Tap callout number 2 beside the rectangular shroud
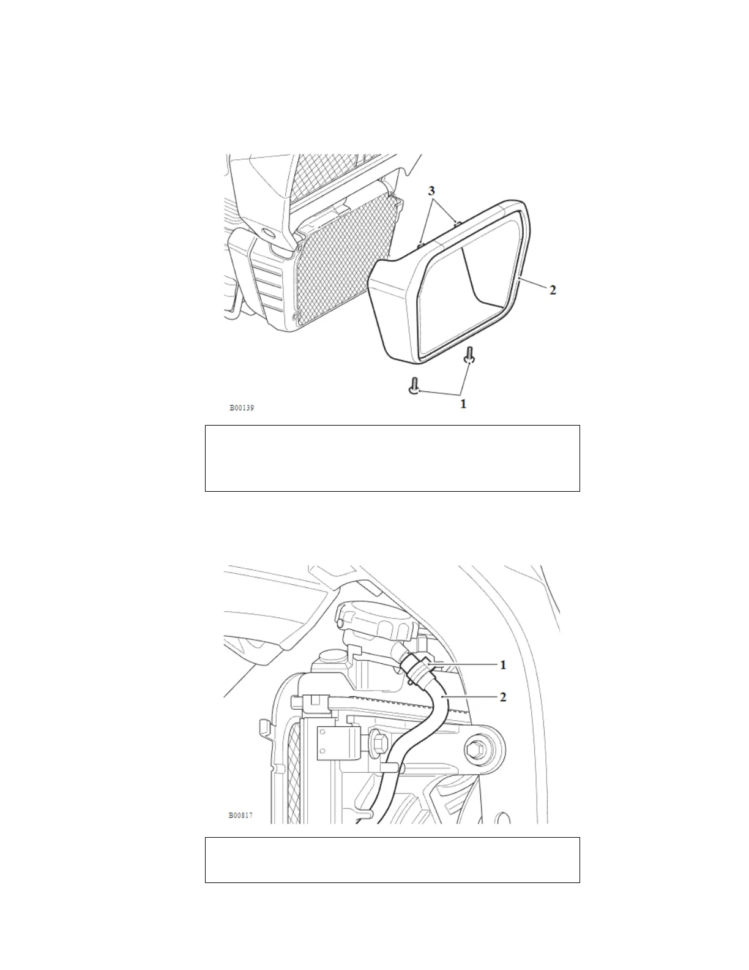pos(553,290)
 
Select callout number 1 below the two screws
pos(463,404)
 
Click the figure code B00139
pos(242,407)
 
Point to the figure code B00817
pos(240,815)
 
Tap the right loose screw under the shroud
pos(469,356)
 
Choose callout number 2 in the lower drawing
pos(503,697)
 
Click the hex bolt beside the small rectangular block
pos(374,742)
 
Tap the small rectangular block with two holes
pos(335,742)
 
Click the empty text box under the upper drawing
pos(392,458)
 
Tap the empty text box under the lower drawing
pos(392,860)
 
